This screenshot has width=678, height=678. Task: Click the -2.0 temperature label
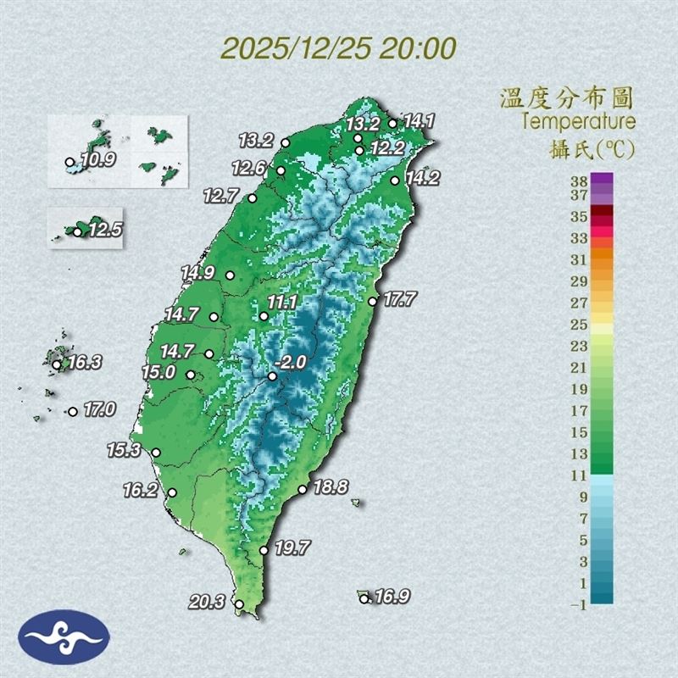coord(292,362)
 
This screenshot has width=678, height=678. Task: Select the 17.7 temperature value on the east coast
coord(399,298)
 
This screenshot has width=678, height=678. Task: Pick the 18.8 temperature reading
coord(331,487)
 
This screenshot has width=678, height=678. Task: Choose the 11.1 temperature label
coord(281,303)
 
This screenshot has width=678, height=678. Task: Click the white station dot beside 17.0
coord(73,412)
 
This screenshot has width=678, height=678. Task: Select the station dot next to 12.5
coord(77,232)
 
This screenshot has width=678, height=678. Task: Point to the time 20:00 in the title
coord(418,47)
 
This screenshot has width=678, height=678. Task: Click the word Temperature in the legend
coord(578,121)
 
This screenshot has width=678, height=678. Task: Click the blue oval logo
coord(65,636)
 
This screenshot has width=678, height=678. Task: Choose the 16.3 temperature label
coord(85,363)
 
